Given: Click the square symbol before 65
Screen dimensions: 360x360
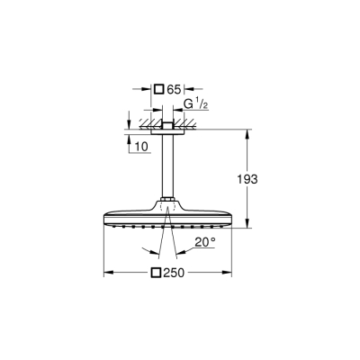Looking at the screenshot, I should [x=159, y=89].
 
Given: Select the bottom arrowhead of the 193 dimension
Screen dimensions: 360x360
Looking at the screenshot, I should [x=247, y=226].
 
